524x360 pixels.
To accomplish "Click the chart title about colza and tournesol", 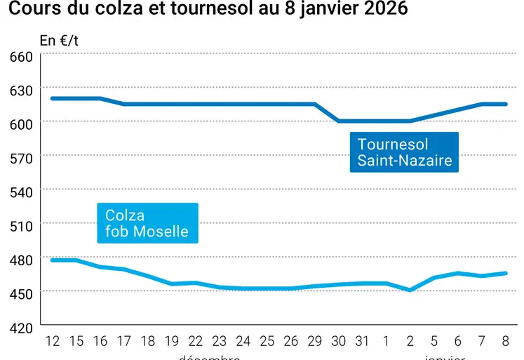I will point(208,11).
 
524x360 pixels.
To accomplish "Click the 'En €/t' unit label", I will point(59,40).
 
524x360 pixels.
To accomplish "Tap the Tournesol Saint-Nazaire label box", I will point(403,152).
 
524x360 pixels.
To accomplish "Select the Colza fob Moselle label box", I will point(147,223).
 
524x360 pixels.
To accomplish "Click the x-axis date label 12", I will point(53,342).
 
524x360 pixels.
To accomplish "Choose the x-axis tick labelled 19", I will point(172,342).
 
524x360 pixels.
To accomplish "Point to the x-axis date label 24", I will point(243,342).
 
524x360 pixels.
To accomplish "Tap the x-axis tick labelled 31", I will point(362,342).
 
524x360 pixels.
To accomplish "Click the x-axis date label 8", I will point(505,342).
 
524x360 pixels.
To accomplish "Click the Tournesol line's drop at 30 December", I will point(339,121).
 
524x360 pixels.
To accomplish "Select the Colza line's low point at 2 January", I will point(410,290).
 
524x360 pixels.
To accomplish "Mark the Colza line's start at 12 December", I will point(53,260).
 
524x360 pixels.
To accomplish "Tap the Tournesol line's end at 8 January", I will point(505,104).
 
